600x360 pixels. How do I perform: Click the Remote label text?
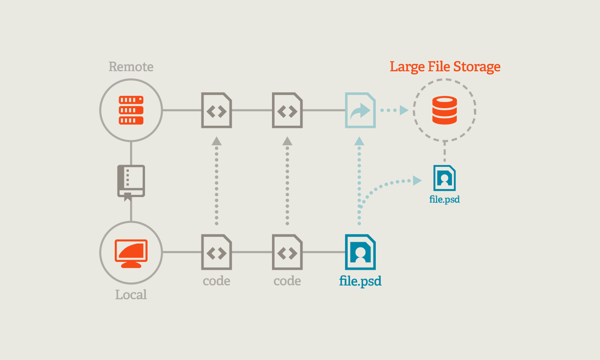pos(131,67)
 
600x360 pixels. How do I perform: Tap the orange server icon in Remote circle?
pos(131,110)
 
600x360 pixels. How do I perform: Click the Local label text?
pos(131,295)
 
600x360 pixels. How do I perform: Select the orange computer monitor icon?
pos(131,253)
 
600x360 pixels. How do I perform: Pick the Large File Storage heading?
pos(445,67)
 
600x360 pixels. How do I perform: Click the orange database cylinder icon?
pos(445,111)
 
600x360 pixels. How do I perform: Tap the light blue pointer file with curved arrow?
pos(360,110)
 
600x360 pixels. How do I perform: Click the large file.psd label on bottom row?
pos(360,281)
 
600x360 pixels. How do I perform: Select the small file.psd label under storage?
pos(445,200)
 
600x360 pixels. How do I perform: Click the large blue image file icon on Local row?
pos(360,252)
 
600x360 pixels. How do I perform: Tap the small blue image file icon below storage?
pos(445,178)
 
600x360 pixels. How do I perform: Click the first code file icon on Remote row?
pos(216,110)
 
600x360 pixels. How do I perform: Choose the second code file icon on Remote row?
pos(287,110)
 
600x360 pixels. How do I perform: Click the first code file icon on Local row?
pos(216,252)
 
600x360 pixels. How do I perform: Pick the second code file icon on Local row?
pos(287,252)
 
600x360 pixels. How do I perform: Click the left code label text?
pos(216,281)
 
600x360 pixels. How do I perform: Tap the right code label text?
pos(287,281)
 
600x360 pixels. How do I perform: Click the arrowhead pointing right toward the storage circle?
pos(404,110)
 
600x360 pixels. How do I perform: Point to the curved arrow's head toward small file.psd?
pos(416,180)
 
